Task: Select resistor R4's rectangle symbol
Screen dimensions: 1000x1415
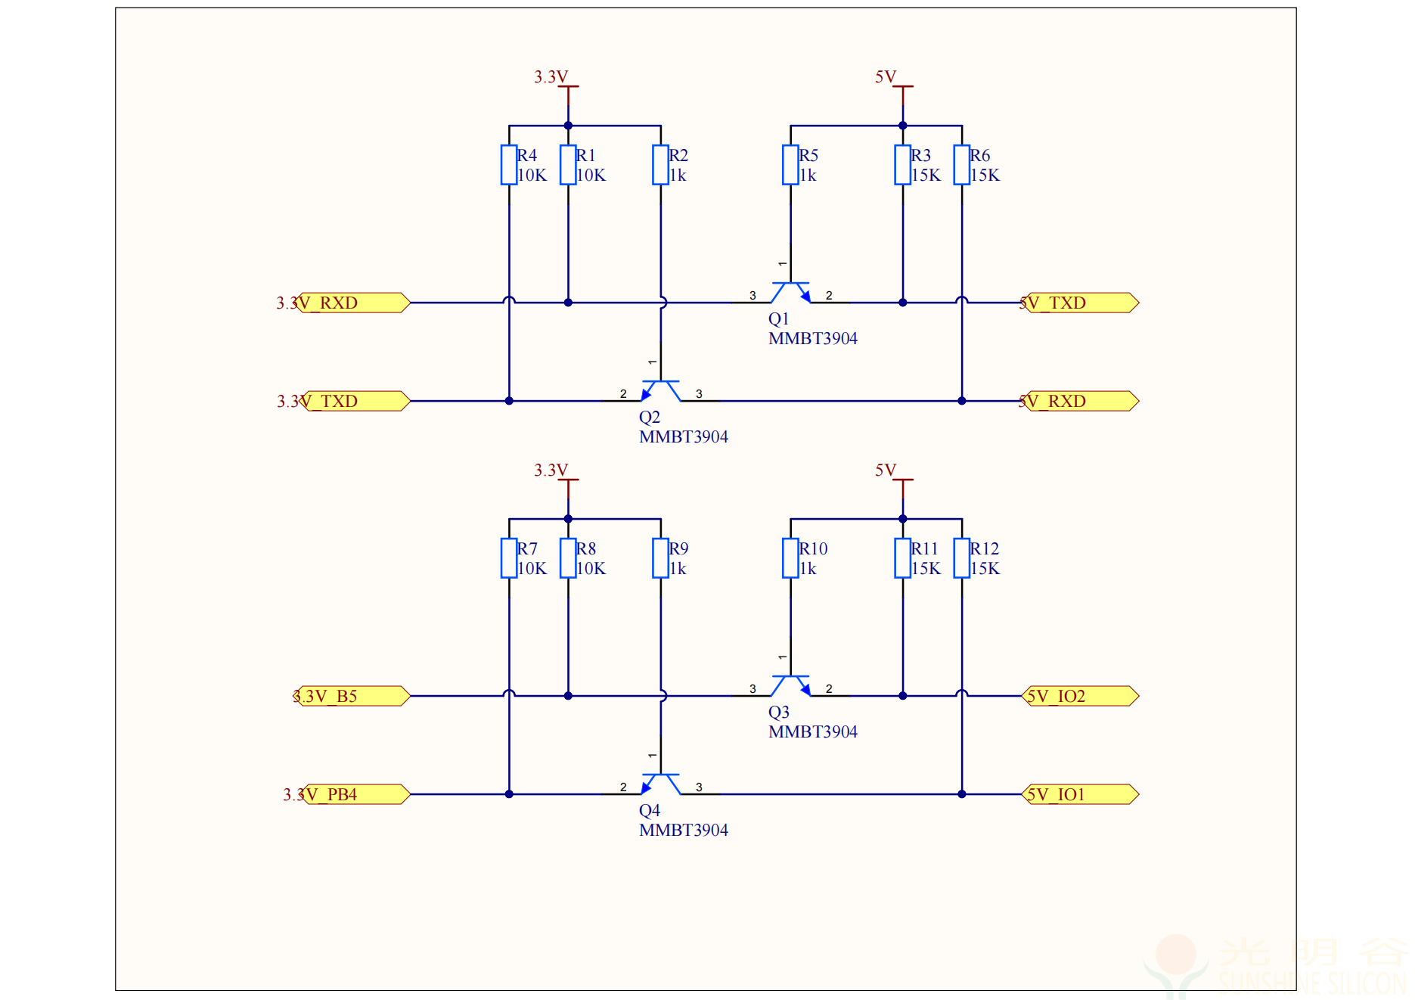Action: coord(509,165)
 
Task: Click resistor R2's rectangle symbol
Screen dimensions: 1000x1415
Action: coord(660,165)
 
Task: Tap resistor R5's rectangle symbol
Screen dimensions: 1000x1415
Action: coord(790,165)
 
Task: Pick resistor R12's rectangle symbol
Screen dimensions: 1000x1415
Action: coord(961,558)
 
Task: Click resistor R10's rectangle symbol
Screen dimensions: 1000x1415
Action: coord(790,558)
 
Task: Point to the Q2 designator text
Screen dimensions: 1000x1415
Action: coord(649,418)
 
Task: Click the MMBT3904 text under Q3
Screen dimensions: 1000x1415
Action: coord(812,732)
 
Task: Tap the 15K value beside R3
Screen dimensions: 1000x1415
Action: coord(926,175)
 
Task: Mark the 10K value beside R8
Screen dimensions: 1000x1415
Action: coord(591,569)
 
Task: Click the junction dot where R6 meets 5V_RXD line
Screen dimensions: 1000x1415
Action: coord(961,401)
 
